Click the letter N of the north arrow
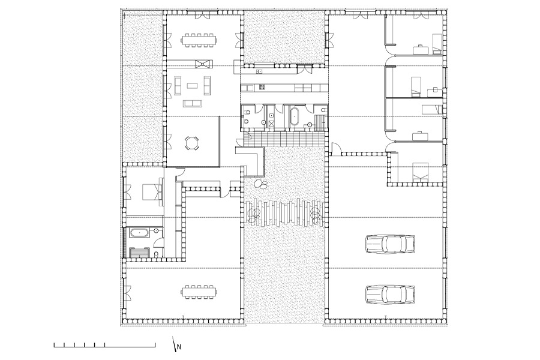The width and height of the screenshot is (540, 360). point(179,347)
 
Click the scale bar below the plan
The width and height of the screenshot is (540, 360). point(104,345)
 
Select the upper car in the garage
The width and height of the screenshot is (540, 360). point(389,244)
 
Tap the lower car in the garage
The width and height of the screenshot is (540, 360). point(389,294)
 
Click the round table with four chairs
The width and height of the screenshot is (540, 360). point(192,143)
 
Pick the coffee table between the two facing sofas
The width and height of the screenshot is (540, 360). point(192,84)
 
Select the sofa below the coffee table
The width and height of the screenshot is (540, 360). point(192,103)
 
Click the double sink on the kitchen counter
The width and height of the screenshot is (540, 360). point(259,71)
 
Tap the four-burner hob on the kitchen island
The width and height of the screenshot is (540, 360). point(262,88)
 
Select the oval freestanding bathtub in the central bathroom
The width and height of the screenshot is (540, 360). point(295,116)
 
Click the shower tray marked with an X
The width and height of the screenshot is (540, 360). point(271,123)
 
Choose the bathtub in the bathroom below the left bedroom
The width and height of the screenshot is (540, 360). point(139,233)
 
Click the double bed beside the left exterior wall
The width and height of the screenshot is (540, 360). point(152,191)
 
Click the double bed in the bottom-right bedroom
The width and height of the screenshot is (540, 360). point(421,172)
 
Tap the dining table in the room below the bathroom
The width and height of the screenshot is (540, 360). point(199,292)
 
